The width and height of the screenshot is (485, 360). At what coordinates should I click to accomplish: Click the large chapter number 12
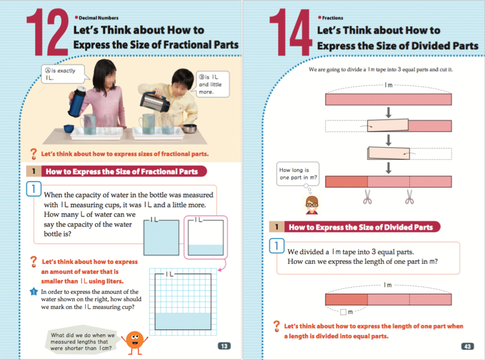47,32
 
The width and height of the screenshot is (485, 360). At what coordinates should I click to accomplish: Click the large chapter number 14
290,32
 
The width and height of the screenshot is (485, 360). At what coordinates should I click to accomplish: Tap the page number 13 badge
224,346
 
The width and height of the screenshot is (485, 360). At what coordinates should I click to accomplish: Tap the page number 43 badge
467,346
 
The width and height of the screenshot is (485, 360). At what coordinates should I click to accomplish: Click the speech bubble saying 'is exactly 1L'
63,74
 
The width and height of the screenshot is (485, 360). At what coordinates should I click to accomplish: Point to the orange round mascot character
135,342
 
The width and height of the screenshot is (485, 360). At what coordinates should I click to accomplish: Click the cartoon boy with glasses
312,205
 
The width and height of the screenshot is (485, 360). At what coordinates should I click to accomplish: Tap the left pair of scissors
368,197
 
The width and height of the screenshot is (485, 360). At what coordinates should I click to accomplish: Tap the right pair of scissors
410,197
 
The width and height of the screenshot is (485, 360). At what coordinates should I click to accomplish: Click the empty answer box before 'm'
343,312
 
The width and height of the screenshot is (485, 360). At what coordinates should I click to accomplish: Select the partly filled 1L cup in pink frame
206,237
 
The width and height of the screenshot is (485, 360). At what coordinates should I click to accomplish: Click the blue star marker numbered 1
34,291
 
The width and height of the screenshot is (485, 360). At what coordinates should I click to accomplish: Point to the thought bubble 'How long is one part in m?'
297,174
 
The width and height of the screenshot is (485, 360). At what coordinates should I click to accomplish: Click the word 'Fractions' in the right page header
332,18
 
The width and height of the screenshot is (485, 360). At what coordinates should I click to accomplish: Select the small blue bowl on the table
69,128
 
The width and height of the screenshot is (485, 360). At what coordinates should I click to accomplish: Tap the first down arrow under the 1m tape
388,112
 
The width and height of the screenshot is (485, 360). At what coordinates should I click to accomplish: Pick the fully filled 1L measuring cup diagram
161,237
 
